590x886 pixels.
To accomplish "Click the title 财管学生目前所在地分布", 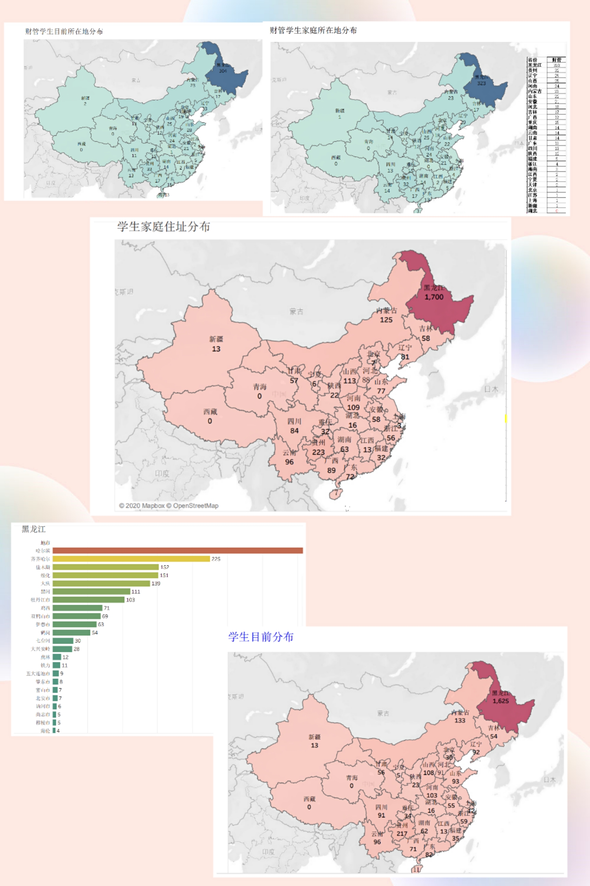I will tap(64, 32).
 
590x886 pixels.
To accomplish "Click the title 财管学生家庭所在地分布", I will tap(313, 30).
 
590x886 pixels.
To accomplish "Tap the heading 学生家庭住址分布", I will tap(163, 226).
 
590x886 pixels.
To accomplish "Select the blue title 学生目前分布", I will tap(261, 637).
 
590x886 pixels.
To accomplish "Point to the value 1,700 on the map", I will tap(434, 297).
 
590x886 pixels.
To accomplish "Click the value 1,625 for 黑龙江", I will tap(501, 701).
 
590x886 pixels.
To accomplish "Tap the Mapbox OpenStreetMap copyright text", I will tap(169, 506).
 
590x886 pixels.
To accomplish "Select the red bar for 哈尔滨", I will tap(177, 551).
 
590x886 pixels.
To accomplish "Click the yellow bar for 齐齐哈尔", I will tap(131, 559).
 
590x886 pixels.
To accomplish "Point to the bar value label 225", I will tap(216, 559).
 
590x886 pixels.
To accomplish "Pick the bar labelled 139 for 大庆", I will tap(101, 583).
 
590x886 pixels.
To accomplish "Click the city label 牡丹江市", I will tap(41, 600).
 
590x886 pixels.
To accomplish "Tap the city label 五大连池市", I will tap(38, 673).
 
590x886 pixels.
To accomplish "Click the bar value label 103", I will tap(131, 600).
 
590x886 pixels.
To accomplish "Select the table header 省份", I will tap(533, 60).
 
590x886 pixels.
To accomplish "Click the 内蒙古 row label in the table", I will tap(535, 91).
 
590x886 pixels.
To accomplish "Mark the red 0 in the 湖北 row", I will tap(557, 211).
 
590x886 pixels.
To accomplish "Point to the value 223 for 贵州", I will tap(318, 452).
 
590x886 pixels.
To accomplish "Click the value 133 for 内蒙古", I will tap(460, 720).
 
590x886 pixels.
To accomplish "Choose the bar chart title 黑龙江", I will tap(33, 529).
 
